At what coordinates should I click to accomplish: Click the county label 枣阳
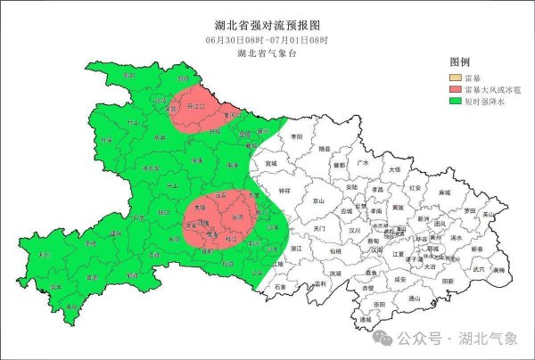pos(296,136)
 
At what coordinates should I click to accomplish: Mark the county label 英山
pos(487,215)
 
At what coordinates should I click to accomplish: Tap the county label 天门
pos(320,229)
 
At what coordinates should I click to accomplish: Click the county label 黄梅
pos(498,269)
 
